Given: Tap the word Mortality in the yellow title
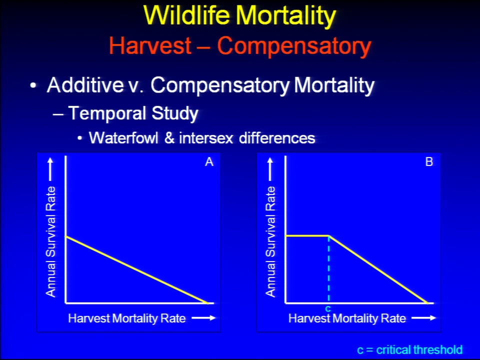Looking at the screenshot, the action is tap(286, 16).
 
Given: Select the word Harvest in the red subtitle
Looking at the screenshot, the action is tap(150, 45).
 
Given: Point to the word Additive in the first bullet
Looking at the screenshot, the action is tap(85, 85).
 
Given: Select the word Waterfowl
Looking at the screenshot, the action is tap(123, 138).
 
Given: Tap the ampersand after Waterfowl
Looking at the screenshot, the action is tap(169, 138).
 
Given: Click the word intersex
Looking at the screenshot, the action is tap(206, 138).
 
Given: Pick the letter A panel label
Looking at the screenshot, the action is tap(209, 161).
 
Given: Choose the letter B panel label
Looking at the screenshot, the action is tap(429, 161).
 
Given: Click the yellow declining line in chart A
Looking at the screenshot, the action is tap(137, 269).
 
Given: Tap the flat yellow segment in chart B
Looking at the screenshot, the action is tap(307, 235).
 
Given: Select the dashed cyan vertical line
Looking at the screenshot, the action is tap(329, 269).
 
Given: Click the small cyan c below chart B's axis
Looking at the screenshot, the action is tap(328, 308).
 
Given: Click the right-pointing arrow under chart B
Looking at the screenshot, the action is tap(423, 318).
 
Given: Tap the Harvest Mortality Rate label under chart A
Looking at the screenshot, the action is tap(126, 318).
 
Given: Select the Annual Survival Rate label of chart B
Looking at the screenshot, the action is tap(270, 242).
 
